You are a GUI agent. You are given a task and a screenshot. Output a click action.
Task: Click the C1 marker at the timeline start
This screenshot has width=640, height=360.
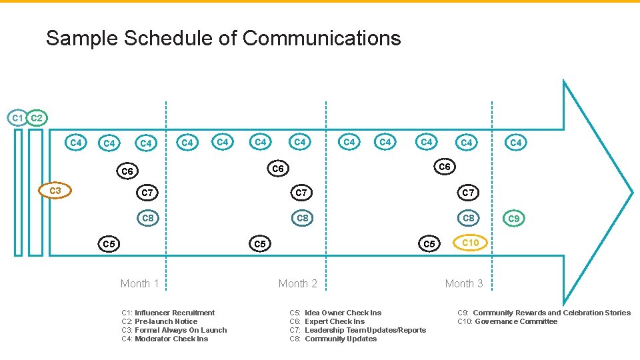(x=17, y=118)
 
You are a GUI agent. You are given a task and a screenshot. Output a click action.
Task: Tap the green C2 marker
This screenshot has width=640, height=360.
(x=37, y=118)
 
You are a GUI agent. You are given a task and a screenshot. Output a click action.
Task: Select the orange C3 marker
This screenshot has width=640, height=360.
(x=55, y=191)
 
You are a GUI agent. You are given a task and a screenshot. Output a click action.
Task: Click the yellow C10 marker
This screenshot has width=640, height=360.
(x=470, y=243)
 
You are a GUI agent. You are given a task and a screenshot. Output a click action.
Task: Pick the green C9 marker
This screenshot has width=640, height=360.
(x=513, y=218)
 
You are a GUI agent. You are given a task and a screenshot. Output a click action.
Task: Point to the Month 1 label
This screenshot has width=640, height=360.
(x=140, y=283)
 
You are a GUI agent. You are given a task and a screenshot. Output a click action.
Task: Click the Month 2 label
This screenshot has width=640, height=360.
(x=298, y=283)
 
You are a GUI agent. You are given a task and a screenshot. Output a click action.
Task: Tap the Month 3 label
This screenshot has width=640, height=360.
(x=464, y=283)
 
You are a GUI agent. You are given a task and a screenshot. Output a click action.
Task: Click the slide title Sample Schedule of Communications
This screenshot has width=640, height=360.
(x=223, y=38)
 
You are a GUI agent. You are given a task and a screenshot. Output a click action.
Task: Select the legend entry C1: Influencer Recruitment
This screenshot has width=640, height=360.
(x=168, y=313)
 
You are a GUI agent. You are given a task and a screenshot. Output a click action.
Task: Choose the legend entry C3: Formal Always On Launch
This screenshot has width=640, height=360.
(x=174, y=330)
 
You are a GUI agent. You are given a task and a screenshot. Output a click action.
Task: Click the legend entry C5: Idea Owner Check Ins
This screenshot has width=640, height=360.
(x=335, y=313)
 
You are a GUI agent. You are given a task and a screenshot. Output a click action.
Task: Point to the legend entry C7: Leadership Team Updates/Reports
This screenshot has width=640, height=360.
(x=357, y=330)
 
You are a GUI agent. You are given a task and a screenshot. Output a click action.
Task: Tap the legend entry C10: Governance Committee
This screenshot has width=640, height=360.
(x=507, y=321)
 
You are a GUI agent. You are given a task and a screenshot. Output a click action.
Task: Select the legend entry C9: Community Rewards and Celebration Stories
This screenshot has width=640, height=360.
(x=543, y=313)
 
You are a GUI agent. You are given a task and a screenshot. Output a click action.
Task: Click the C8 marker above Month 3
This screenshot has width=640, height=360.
(x=469, y=218)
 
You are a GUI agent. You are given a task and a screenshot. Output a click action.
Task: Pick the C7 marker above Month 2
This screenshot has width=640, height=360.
(x=301, y=193)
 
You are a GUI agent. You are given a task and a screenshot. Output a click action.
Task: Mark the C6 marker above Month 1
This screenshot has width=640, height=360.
(x=127, y=171)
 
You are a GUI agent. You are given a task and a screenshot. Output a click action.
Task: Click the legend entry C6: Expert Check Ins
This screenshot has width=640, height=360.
(x=327, y=321)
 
